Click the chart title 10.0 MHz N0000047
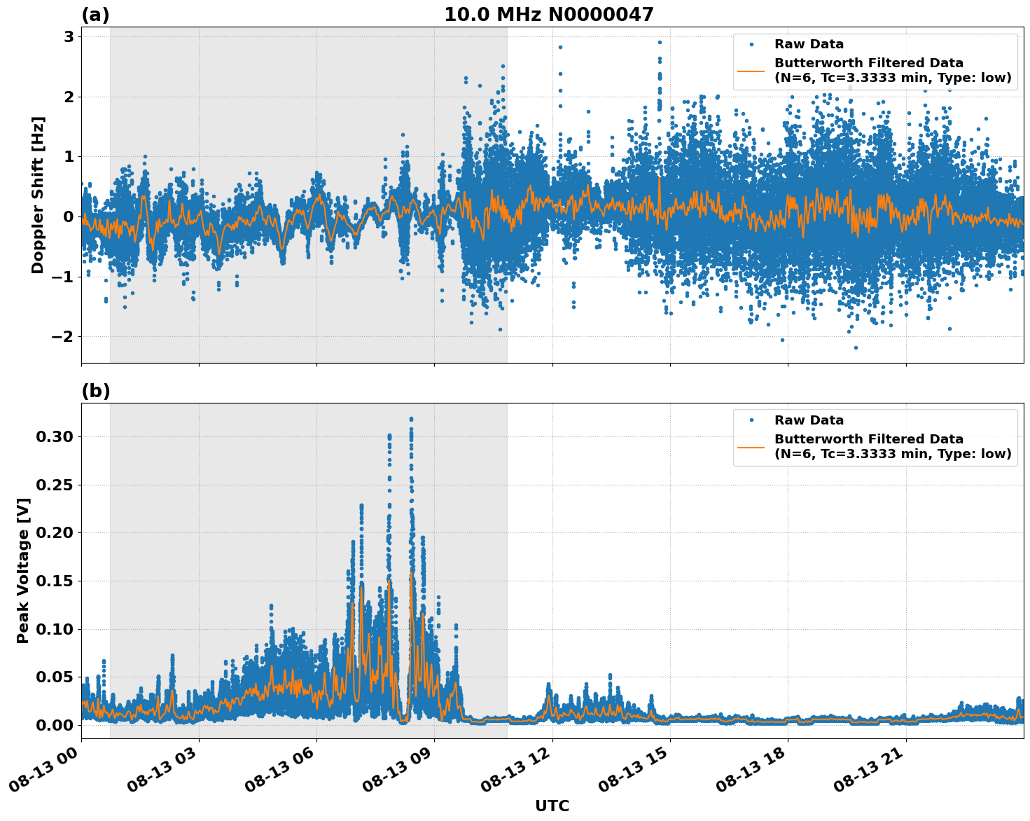[548, 15]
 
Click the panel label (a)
[95, 15]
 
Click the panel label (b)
[95, 391]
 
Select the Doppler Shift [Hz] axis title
[38, 195]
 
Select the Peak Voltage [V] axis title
[23, 570]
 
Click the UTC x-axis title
[552, 806]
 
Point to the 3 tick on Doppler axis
[69, 37]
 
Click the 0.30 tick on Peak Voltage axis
[54, 437]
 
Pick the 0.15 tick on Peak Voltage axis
[54, 581]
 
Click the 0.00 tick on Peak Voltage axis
[54, 725]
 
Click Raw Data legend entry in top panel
[809, 44]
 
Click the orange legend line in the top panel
[751, 71]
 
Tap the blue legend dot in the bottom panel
[751, 420]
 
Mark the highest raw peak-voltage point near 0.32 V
[411, 419]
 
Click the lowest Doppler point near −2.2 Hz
[855, 347]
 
